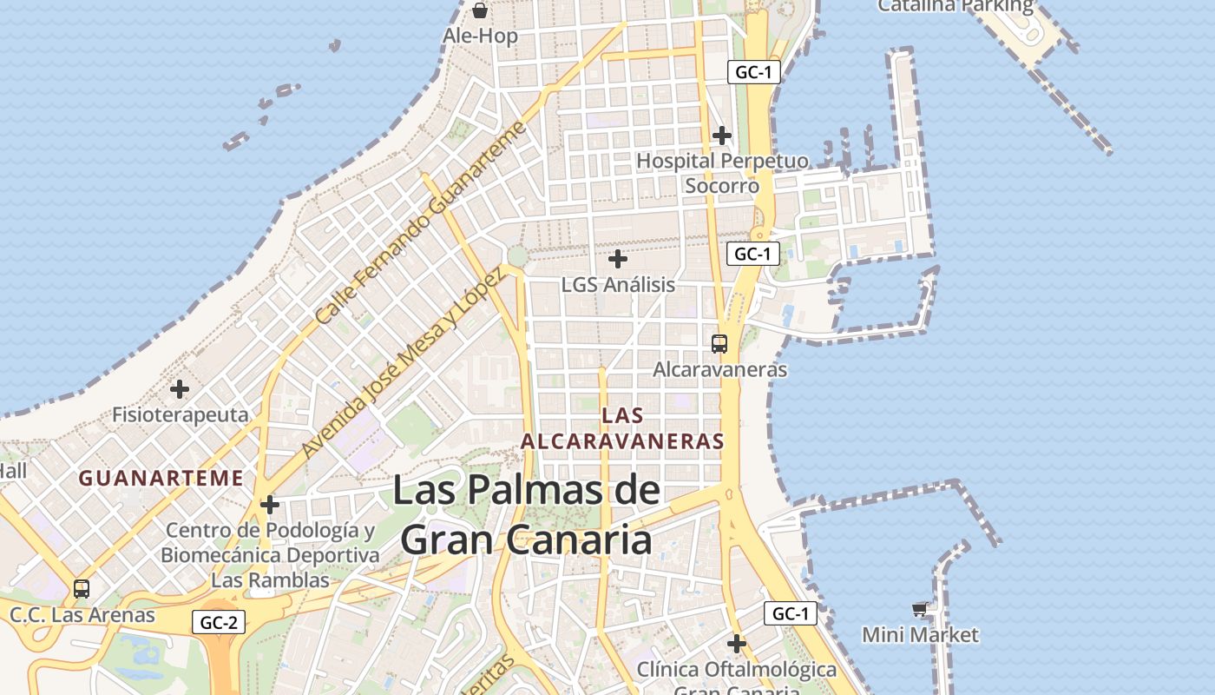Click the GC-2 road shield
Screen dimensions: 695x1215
218,622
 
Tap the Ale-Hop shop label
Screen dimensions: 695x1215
480,36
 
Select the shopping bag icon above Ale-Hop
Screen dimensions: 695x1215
480,10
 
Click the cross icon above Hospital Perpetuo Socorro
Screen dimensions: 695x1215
721,136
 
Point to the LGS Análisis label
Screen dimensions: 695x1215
618,284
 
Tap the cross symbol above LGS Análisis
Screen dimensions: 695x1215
618,259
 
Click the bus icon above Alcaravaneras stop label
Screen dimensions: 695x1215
719,343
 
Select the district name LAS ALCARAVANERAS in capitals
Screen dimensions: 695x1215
622,428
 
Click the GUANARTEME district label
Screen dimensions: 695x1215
161,478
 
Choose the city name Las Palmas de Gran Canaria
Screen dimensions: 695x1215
527,514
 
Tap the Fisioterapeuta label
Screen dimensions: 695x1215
181,414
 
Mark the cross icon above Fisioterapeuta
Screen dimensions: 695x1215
180,388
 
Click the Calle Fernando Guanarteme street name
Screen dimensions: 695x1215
421,222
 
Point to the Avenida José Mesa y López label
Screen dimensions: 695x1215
402,364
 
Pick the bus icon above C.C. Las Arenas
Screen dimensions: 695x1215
82,589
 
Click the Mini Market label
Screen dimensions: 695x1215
920,635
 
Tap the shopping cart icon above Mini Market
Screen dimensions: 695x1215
920,609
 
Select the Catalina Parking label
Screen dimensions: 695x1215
956,6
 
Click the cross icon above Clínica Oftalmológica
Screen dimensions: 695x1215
737,644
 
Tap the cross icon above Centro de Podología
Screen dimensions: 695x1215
270,504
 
